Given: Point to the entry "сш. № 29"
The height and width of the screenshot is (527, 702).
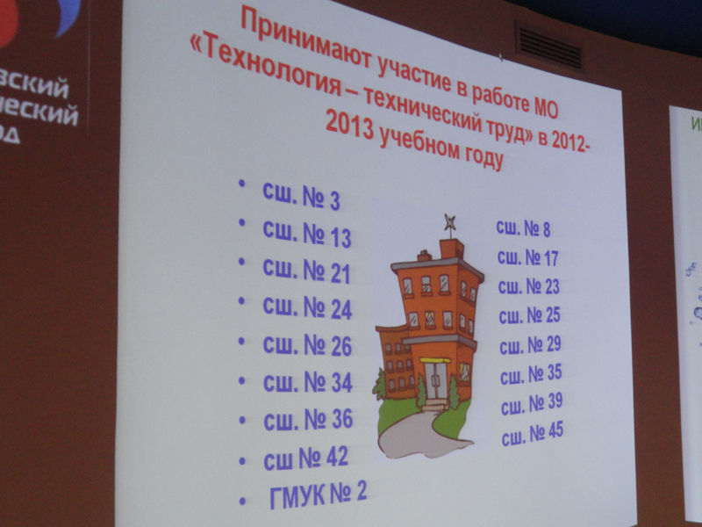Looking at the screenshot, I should [530, 344].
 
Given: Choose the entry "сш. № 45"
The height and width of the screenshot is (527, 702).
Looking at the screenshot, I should [533, 432].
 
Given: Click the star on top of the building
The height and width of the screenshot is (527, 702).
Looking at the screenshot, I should [450, 220].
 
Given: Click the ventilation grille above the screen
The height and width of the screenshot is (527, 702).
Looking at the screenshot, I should [548, 47].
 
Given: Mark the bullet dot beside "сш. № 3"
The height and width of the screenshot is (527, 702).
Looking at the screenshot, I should [241, 184].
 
